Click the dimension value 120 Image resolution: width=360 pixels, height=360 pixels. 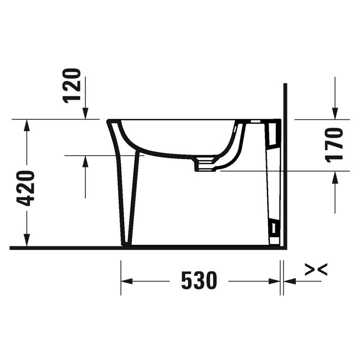(x=74, y=85)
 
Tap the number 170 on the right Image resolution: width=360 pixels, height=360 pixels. (x=335, y=145)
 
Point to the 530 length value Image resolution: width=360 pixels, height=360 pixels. (x=199, y=281)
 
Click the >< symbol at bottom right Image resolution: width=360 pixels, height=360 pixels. (x=315, y=270)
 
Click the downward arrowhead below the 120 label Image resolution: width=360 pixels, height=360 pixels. (x=86, y=114)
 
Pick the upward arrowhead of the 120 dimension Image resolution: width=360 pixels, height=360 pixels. (x=86, y=161)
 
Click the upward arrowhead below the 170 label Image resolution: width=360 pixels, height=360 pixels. (x=335, y=177)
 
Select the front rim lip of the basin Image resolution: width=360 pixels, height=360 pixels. (x=111, y=122)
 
